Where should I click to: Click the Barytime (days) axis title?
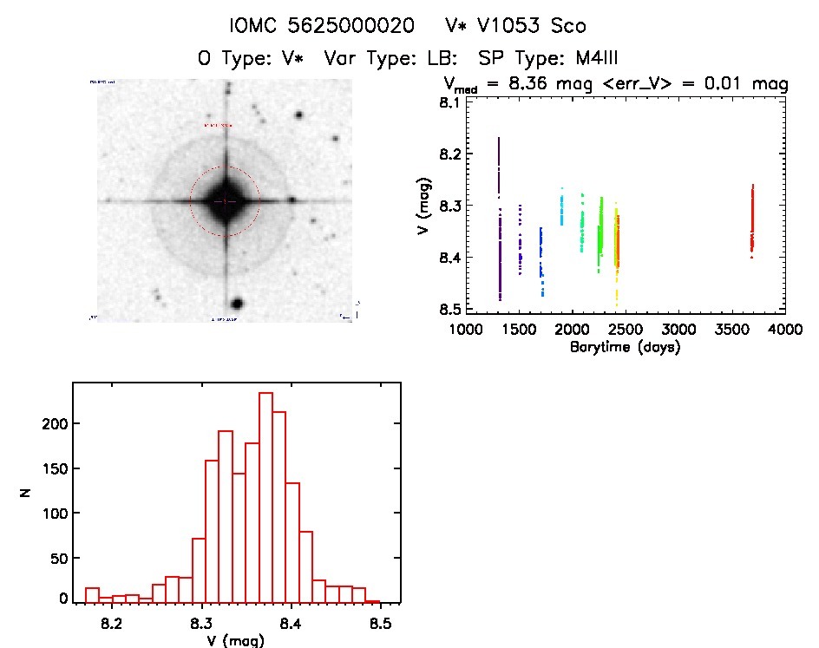coord(625,347)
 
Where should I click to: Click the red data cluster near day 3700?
coord(752,221)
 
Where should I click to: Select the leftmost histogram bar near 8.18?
coord(92,594)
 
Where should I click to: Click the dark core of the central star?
coord(225,200)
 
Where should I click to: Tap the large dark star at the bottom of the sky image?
coord(236,304)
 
